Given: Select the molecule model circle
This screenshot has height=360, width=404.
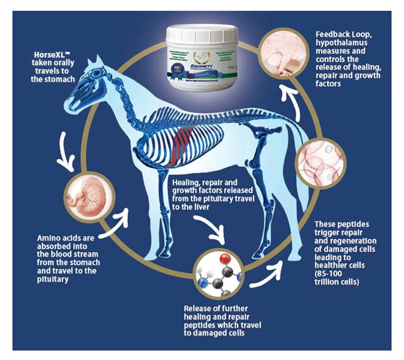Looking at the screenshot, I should [x=218, y=275].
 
